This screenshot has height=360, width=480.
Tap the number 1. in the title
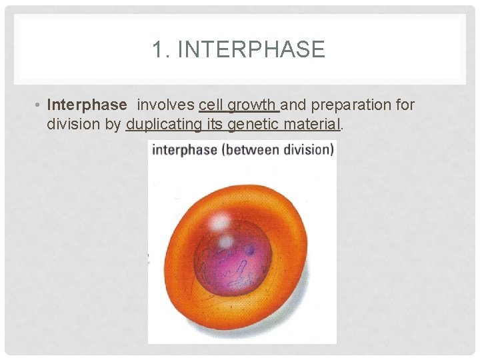pos(161,50)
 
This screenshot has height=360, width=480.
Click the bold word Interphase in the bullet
pos(87,105)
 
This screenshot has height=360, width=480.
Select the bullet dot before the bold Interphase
pos(39,105)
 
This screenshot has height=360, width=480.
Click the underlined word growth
pos(253,105)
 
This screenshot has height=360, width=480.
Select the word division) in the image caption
pos(307,150)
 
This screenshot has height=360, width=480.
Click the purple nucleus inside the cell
pos(233,263)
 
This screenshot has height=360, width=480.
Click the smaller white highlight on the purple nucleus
pos(226,241)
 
